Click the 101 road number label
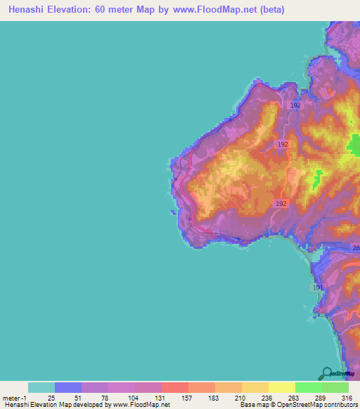[x=316, y=287]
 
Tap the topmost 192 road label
[x=295, y=105]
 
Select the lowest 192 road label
[x=281, y=203]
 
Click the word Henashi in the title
[x=26, y=10]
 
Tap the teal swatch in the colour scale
[x=41, y=387]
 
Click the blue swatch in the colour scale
[x=68, y=387]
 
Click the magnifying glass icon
[x=326, y=374]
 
